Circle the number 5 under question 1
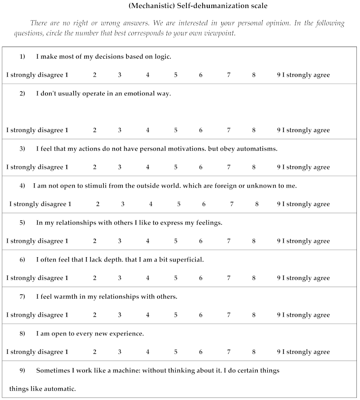point(176,75)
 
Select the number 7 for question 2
point(229,130)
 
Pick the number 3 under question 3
point(120,168)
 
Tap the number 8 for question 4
point(257,204)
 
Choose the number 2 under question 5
point(95,241)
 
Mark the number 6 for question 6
point(201,278)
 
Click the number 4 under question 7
point(147,315)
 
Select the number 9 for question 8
point(279,352)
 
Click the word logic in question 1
point(162,57)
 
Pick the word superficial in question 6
point(186,260)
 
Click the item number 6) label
point(22,260)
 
